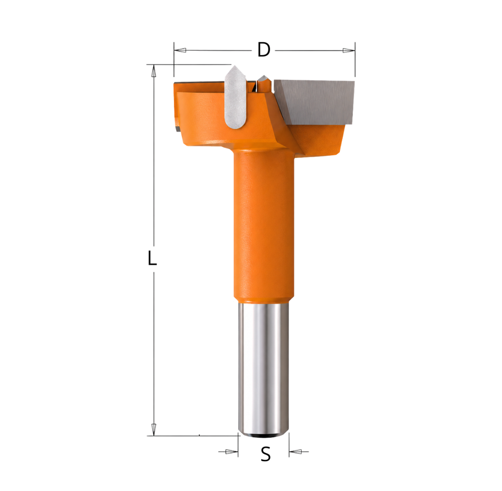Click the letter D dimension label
pos(264,50)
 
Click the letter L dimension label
pos(152,258)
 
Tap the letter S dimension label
pos(265,454)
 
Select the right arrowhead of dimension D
pos(349,50)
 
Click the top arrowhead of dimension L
pos(154,71)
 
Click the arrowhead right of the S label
pos(295,451)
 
